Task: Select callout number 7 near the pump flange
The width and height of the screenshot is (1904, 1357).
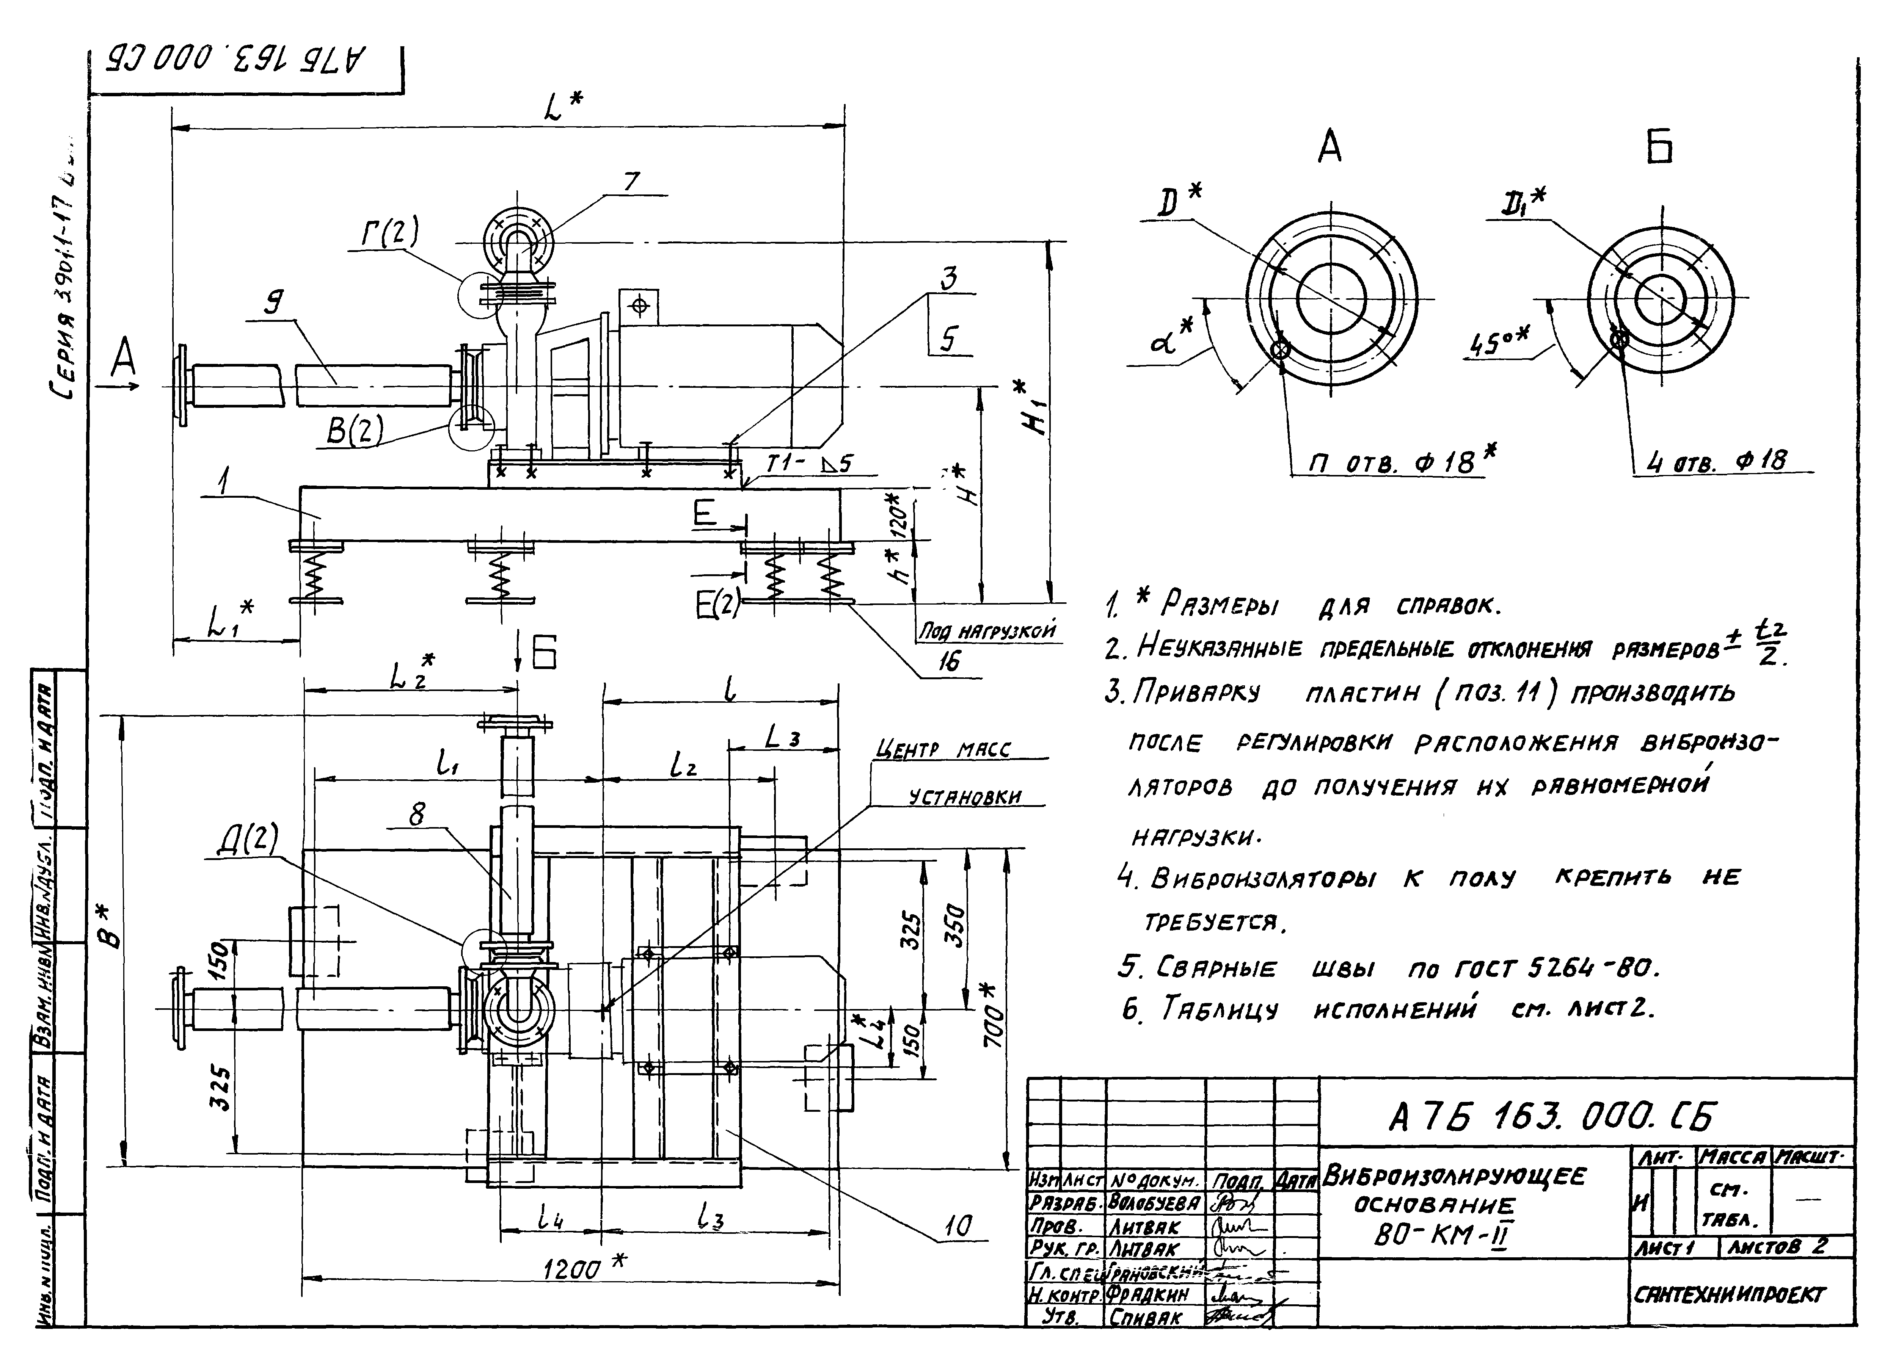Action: (x=631, y=181)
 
